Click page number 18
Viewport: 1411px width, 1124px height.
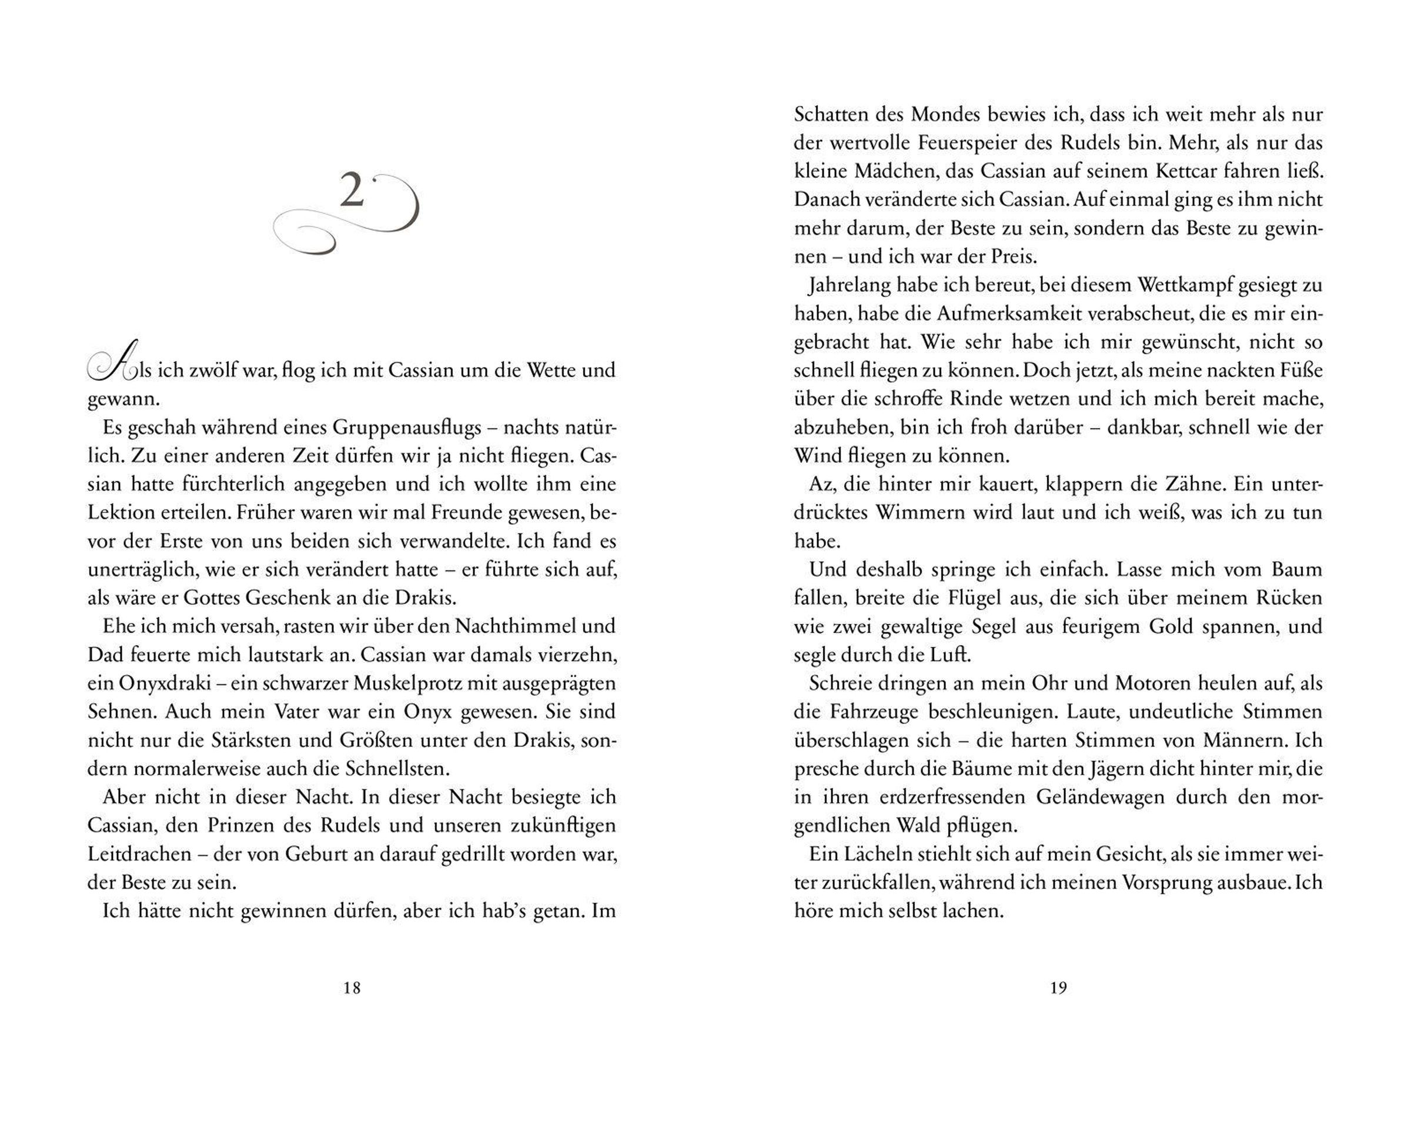pos(352,988)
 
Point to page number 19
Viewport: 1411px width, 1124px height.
pos(1058,988)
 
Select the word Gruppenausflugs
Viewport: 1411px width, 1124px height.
pos(405,428)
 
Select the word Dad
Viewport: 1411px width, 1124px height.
pos(103,655)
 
